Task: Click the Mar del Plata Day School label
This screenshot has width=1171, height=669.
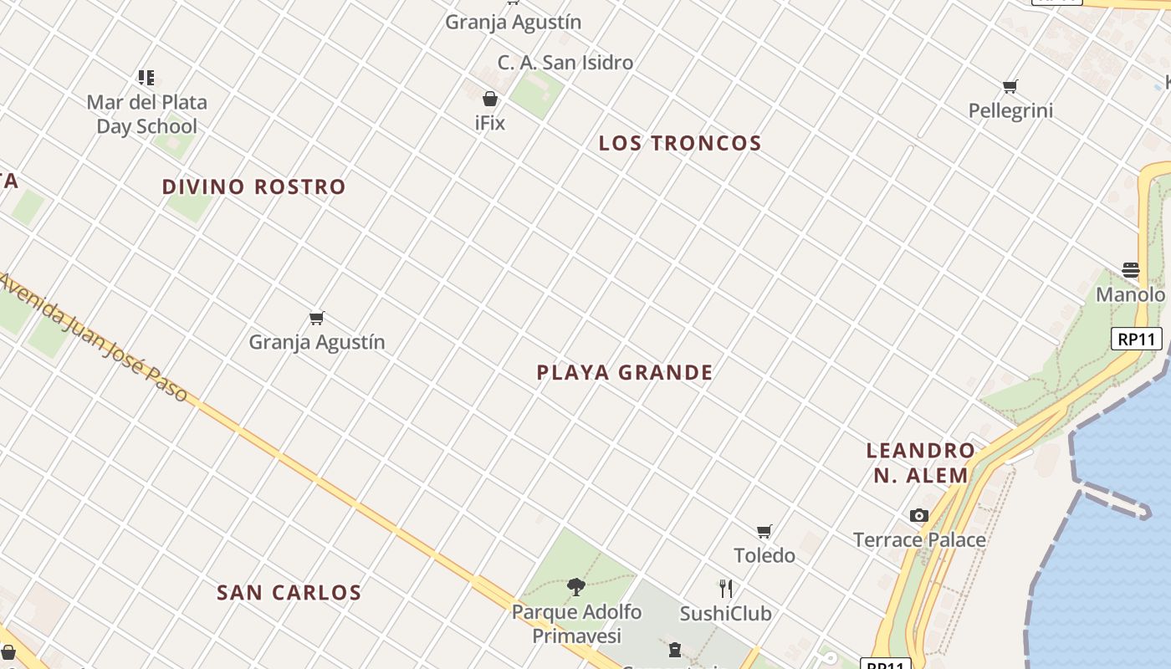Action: click(146, 115)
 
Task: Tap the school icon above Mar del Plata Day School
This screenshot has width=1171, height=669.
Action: click(146, 78)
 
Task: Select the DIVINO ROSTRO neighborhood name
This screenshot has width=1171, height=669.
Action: click(253, 186)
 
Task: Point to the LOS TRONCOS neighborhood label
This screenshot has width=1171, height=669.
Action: click(680, 144)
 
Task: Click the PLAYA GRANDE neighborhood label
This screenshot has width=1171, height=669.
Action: click(625, 373)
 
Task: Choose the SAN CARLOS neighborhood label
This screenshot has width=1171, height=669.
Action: click(289, 593)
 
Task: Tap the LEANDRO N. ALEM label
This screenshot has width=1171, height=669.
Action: click(920, 463)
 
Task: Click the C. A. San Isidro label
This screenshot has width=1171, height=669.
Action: click(565, 63)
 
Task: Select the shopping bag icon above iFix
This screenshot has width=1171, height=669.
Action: click(490, 99)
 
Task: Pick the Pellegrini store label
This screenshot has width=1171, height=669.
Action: click(1010, 111)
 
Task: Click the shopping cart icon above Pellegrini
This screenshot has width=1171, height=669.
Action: click(1010, 86)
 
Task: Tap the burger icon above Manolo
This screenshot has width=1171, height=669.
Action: click(1131, 270)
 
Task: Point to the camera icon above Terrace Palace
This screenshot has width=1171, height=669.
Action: click(919, 515)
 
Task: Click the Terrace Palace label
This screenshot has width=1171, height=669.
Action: click(919, 540)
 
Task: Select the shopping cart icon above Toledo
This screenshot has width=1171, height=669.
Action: click(764, 531)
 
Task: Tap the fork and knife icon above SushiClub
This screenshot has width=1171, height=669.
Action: click(725, 589)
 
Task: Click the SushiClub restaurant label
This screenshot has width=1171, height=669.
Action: click(725, 614)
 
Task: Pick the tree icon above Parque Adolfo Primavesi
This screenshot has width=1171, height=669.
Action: click(576, 587)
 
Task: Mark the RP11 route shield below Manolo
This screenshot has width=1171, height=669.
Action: click(1138, 340)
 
